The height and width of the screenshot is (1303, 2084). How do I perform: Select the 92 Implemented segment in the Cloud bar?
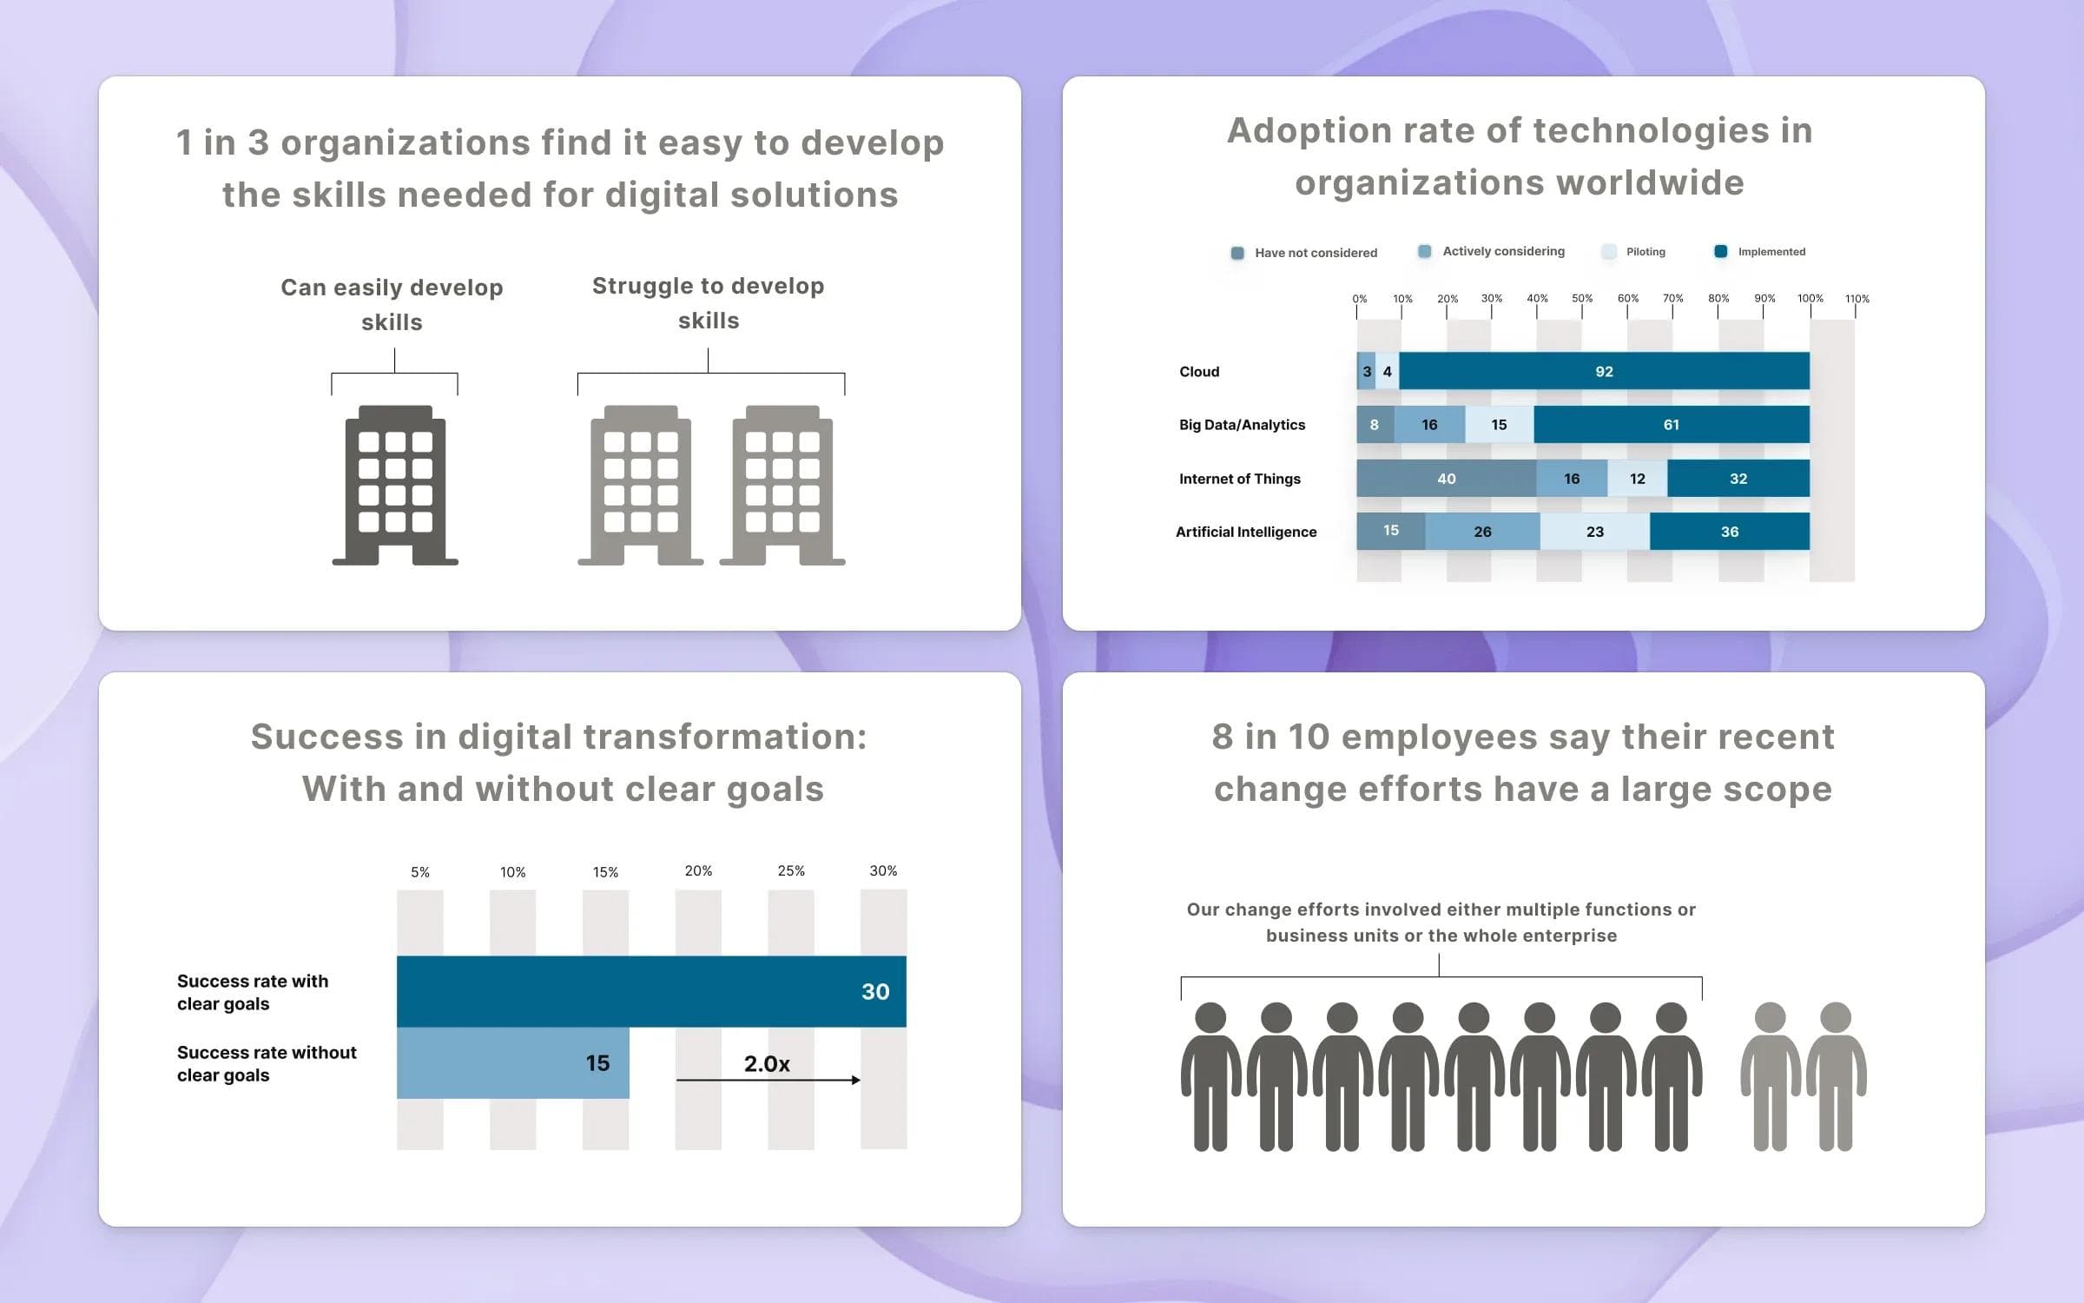point(1603,372)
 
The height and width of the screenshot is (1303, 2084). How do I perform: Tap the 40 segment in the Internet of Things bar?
point(1446,479)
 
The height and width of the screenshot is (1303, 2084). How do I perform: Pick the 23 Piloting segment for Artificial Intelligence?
point(1594,532)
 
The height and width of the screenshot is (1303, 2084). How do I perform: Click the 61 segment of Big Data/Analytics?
point(1671,425)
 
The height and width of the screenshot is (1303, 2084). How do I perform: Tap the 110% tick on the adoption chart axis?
point(1856,299)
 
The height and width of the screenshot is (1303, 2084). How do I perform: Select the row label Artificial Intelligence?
point(1245,532)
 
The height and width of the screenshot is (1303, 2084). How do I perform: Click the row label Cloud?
point(1199,372)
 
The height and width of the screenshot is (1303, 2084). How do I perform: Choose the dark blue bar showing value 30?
point(651,991)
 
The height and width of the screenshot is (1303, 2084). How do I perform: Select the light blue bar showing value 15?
point(512,1062)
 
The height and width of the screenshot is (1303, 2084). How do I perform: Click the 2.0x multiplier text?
point(767,1063)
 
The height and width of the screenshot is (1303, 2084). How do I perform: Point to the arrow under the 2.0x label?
point(768,1080)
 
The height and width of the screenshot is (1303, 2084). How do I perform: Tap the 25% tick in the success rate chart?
point(790,870)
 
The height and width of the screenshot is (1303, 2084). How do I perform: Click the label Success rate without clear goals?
point(266,1063)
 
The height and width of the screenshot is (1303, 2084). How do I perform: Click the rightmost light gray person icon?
point(1836,1076)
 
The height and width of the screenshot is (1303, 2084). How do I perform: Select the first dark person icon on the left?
point(1210,1076)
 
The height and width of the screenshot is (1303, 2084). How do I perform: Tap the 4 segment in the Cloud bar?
point(1387,372)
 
